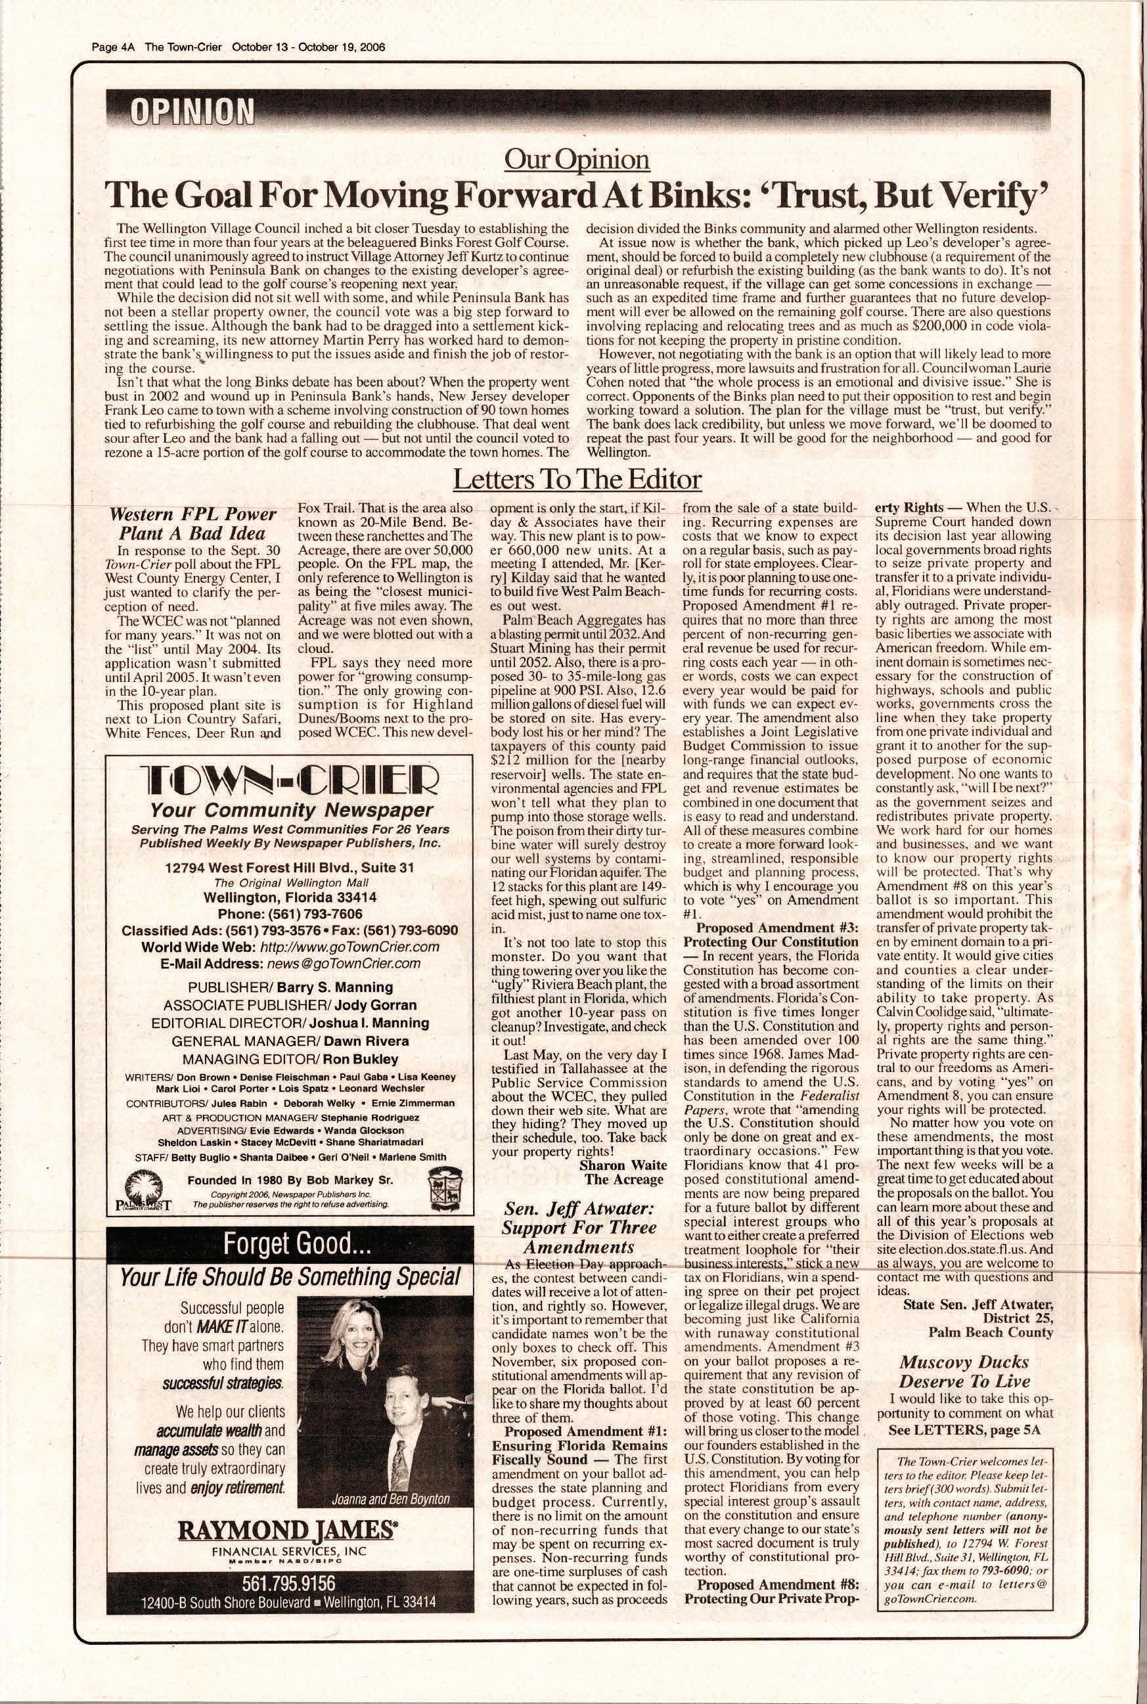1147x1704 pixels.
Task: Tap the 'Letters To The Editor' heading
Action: [x=577, y=480]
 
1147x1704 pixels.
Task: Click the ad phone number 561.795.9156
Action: [x=290, y=1581]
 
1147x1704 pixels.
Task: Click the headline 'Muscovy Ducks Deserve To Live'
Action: [x=964, y=1371]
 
